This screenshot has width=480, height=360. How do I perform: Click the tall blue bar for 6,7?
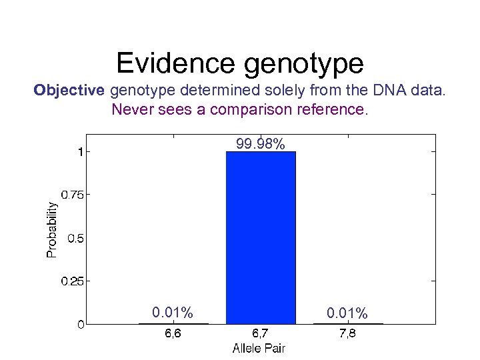pos(261,237)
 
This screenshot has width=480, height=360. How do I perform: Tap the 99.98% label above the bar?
pos(261,144)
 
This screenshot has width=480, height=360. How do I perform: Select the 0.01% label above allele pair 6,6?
pos(173,313)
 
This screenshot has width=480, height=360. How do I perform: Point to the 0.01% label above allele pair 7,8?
pos(347,313)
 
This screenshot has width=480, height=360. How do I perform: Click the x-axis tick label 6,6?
pos(173,335)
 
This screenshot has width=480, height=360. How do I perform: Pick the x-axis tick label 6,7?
pos(261,335)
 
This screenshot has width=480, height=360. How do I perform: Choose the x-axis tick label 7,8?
pos(347,335)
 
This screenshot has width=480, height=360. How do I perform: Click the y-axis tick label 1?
pos(80,151)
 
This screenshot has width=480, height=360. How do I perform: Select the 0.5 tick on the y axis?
pos(75,238)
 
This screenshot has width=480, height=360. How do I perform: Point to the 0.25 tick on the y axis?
pos(73,281)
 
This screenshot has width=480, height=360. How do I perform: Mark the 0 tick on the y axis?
pos(80,325)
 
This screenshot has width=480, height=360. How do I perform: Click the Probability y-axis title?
pos(51,230)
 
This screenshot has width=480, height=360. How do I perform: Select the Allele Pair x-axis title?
pos(259,348)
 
